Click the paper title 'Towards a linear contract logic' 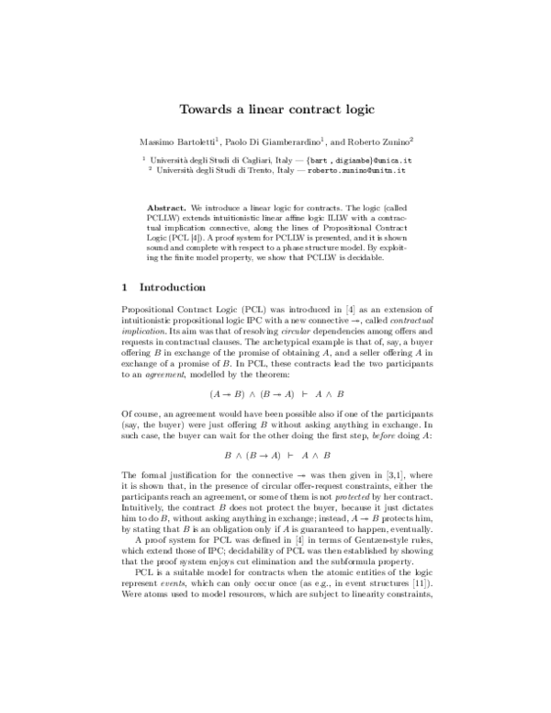point(275,109)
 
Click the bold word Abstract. point(168,197)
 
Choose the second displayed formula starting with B point(275,453)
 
